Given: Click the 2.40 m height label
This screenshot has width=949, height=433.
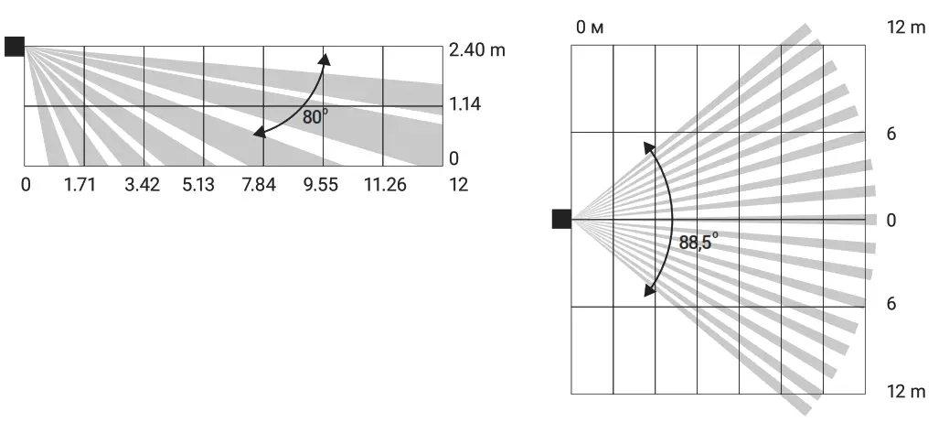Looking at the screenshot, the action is pyautogui.click(x=477, y=50).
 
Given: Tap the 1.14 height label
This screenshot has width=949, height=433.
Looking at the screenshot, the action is pyautogui.click(x=465, y=104).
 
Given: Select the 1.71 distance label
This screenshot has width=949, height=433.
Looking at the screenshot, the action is pyautogui.click(x=80, y=184).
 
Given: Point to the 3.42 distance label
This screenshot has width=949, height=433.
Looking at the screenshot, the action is pyautogui.click(x=143, y=184).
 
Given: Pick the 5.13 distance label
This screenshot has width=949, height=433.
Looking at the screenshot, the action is pyautogui.click(x=198, y=184).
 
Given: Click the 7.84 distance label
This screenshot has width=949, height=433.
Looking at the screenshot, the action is pyautogui.click(x=259, y=184).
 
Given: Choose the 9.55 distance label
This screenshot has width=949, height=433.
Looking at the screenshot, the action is pyautogui.click(x=321, y=184).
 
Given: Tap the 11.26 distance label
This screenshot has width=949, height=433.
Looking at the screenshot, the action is pyautogui.click(x=385, y=184).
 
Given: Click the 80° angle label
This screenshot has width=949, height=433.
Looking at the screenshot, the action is pyautogui.click(x=315, y=116).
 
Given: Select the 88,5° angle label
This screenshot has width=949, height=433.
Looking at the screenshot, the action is pyautogui.click(x=698, y=242).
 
